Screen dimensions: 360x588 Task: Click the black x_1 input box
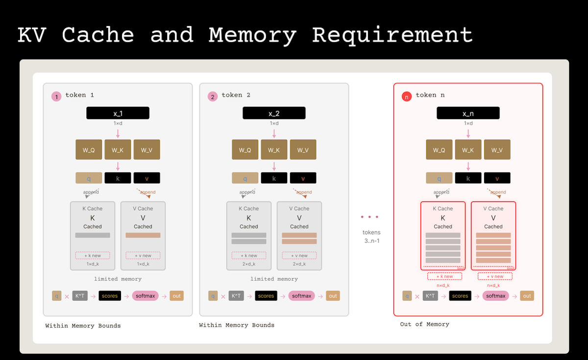[x=118, y=113]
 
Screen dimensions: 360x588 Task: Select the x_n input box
[x=468, y=113]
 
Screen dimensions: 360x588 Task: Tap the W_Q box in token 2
[x=245, y=149]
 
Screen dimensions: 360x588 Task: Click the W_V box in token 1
[x=147, y=149]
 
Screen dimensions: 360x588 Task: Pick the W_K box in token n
[x=468, y=149]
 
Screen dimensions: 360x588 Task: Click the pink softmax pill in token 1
[x=146, y=296]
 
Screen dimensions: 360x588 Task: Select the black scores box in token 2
[x=266, y=296]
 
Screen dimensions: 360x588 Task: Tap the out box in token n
[x=527, y=296]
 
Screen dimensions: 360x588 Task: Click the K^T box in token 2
[x=236, y=296]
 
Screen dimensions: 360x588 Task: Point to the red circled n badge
[x=406, y=97]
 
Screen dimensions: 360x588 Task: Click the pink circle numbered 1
[x=56, y=97]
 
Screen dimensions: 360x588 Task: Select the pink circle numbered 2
[x=213, y=97]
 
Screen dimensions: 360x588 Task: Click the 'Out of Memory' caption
[x=424, y=324]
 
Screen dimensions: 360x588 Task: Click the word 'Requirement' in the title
[x=392, y=35]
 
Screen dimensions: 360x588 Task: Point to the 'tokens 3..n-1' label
[x=371, y=236]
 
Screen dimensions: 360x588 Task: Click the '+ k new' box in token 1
[x=93, y=255]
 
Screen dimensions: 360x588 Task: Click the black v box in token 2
[x=303, y=178]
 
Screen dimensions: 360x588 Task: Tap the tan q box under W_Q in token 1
[x=89, y=178]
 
